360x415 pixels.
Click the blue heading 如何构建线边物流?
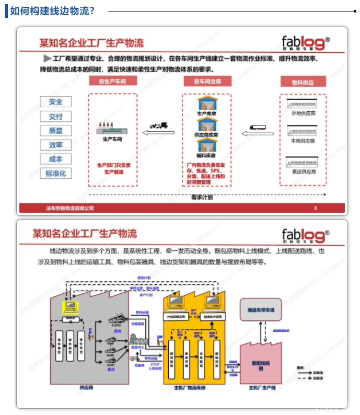52,10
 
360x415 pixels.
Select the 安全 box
55,102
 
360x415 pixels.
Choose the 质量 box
55,131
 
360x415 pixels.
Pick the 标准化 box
55,174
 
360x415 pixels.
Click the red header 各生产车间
112,81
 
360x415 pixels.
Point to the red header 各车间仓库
207,81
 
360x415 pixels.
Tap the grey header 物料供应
303,82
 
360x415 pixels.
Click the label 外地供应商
303,113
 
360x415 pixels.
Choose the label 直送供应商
303,171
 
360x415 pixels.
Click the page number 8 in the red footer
315,208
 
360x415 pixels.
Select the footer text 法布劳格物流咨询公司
69,208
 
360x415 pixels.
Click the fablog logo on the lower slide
306,236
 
